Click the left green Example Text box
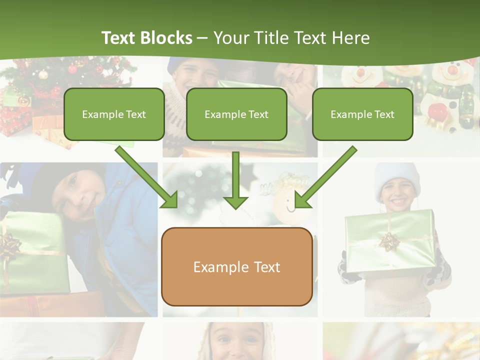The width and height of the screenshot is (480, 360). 114,114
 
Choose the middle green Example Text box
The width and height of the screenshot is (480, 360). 236,114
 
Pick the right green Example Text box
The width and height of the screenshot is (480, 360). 362,114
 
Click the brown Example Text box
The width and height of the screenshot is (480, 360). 236,266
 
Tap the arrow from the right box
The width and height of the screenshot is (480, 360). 325,177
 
